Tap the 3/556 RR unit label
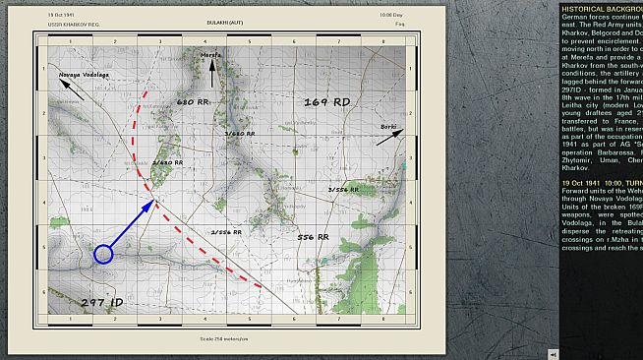point(341,190)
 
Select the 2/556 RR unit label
point(226,232)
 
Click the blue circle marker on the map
point(103,255)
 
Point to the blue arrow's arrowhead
point(149,205)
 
